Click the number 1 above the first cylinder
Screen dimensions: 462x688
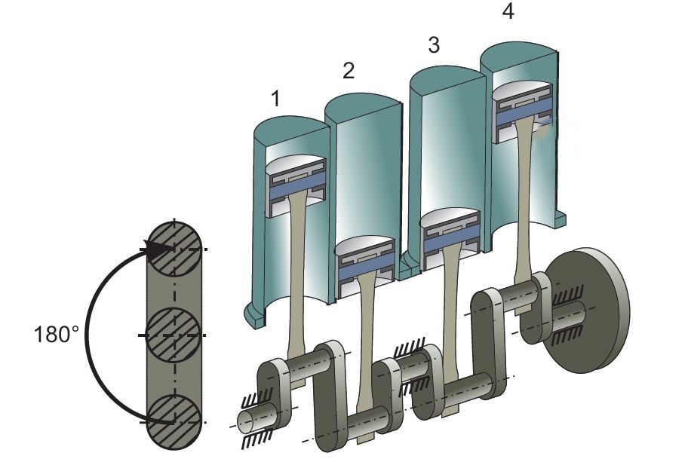(x=276, y=99)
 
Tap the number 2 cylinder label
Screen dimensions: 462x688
(x=348, y=71)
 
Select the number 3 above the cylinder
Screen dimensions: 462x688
(x=433, y=45)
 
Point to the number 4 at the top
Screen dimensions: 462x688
(x=508, y=13)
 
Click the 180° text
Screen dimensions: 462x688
(x=57, y=334)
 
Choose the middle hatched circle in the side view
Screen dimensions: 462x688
(x=174, y=334)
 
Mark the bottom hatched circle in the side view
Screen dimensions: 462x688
(x=174, y=421)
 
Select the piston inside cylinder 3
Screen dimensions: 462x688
(x=450, y=235)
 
